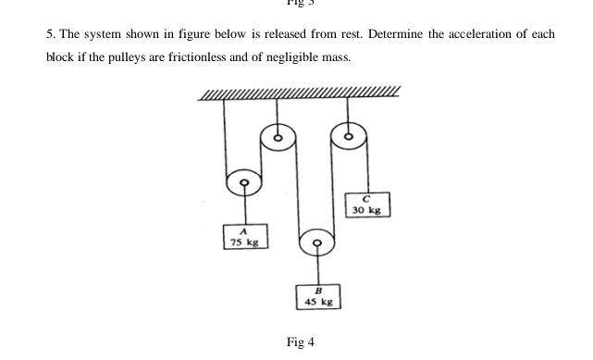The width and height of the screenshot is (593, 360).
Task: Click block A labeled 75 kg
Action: coord(244,237)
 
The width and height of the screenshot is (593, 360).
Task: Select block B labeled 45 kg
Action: coord(320,296)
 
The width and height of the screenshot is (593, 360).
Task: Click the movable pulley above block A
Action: coord(244,183)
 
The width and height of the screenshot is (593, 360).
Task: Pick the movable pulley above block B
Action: coord(316,244)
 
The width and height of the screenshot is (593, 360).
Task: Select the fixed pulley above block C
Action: coord(348,137)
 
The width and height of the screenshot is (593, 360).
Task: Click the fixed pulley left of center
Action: coord(277,140)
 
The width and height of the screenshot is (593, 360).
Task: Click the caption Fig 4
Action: coord(301,342)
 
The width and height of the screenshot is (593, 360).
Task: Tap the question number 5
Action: coord(49,34)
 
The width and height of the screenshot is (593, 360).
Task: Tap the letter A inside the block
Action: coord(244,231)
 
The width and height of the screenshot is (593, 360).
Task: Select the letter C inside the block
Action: coord(367,198)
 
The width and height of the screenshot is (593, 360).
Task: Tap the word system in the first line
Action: coord(103,34)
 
